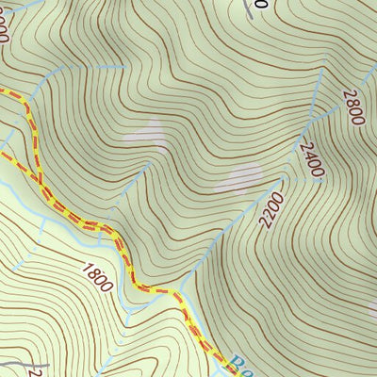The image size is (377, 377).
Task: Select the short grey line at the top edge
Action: [x=251, y=8]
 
